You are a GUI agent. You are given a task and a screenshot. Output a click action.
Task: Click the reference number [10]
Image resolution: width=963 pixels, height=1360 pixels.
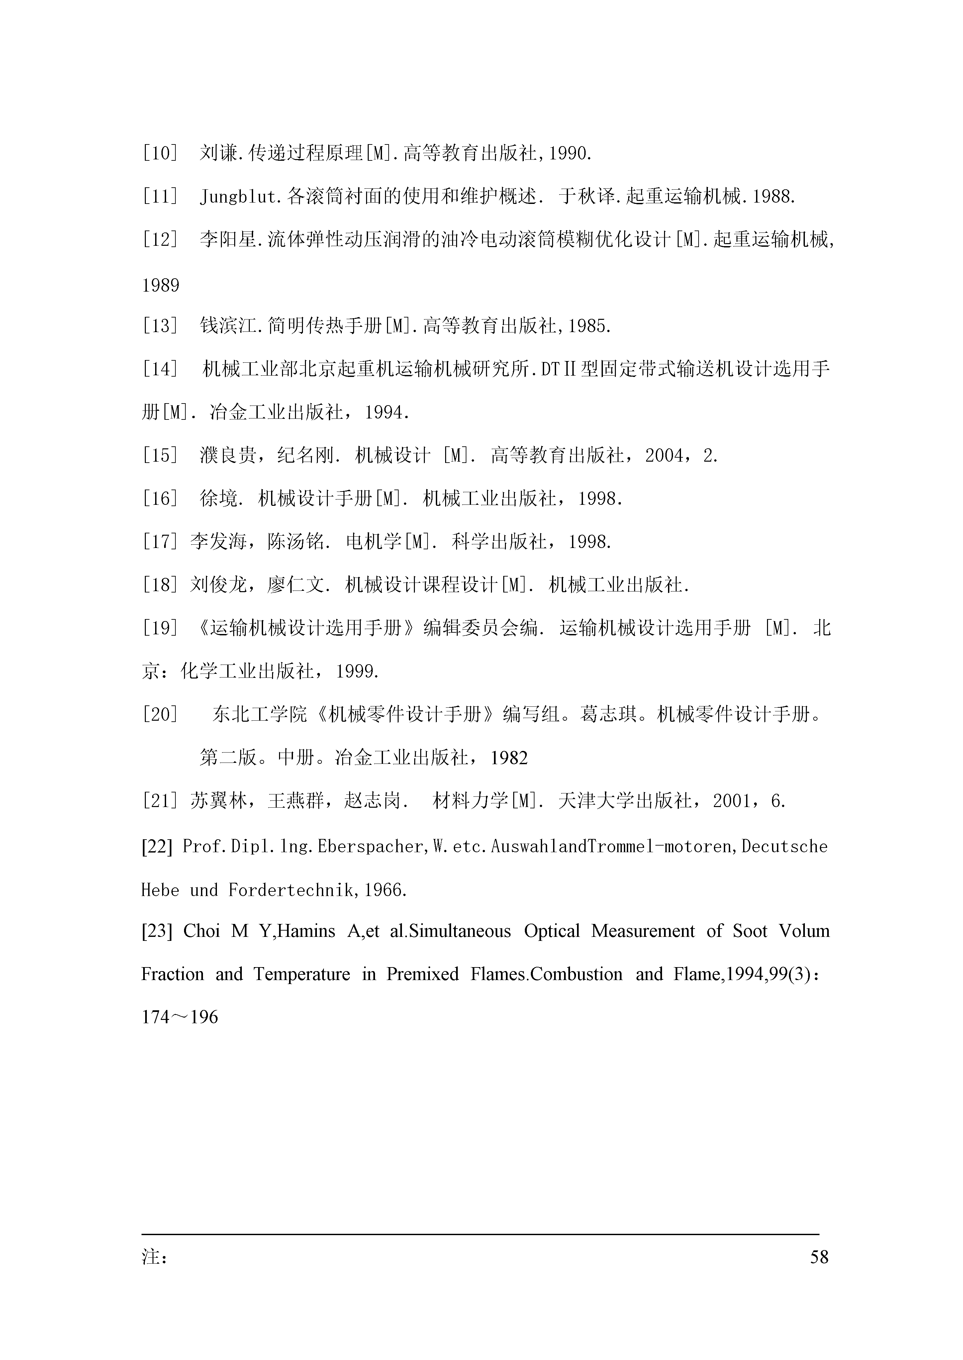tap(160, 154)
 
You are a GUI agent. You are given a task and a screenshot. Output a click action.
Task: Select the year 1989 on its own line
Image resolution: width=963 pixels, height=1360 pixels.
tap(161, 286)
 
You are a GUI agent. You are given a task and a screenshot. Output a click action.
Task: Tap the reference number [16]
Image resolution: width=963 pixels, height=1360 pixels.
tap(160, 499)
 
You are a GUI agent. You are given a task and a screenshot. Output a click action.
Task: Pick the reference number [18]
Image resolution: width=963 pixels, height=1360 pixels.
tap(160, 585)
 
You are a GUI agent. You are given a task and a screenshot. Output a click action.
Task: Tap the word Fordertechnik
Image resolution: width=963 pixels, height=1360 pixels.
tap(291, 890)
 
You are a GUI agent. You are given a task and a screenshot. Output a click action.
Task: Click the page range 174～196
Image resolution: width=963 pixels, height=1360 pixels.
tap(180, 1017)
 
